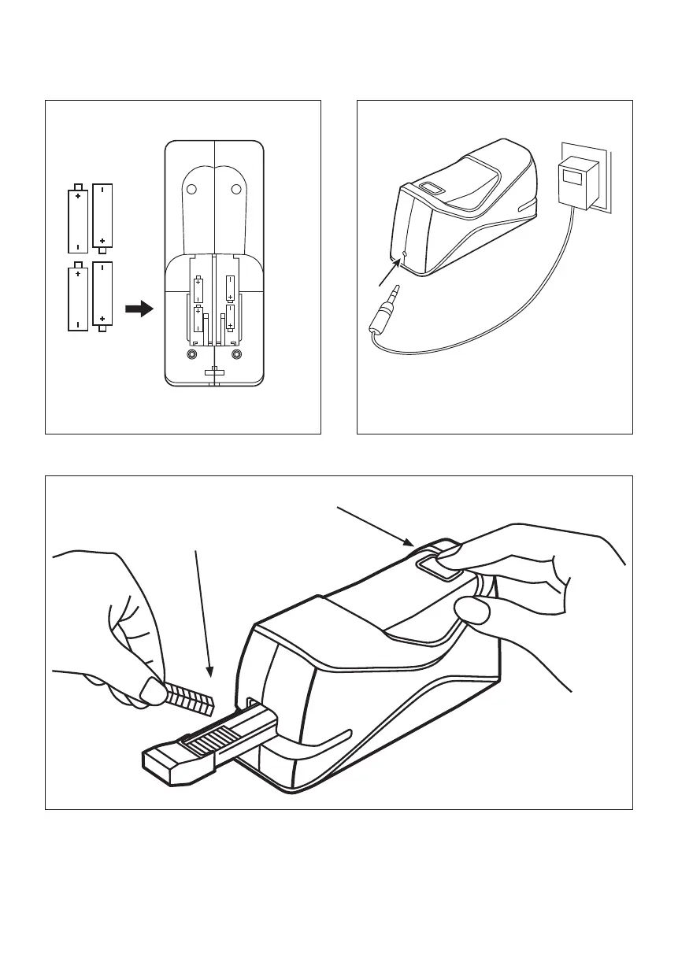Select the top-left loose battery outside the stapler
point(78,219)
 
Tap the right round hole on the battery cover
point(235,188)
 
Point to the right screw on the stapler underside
point(236,354)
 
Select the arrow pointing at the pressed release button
point(375,524)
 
